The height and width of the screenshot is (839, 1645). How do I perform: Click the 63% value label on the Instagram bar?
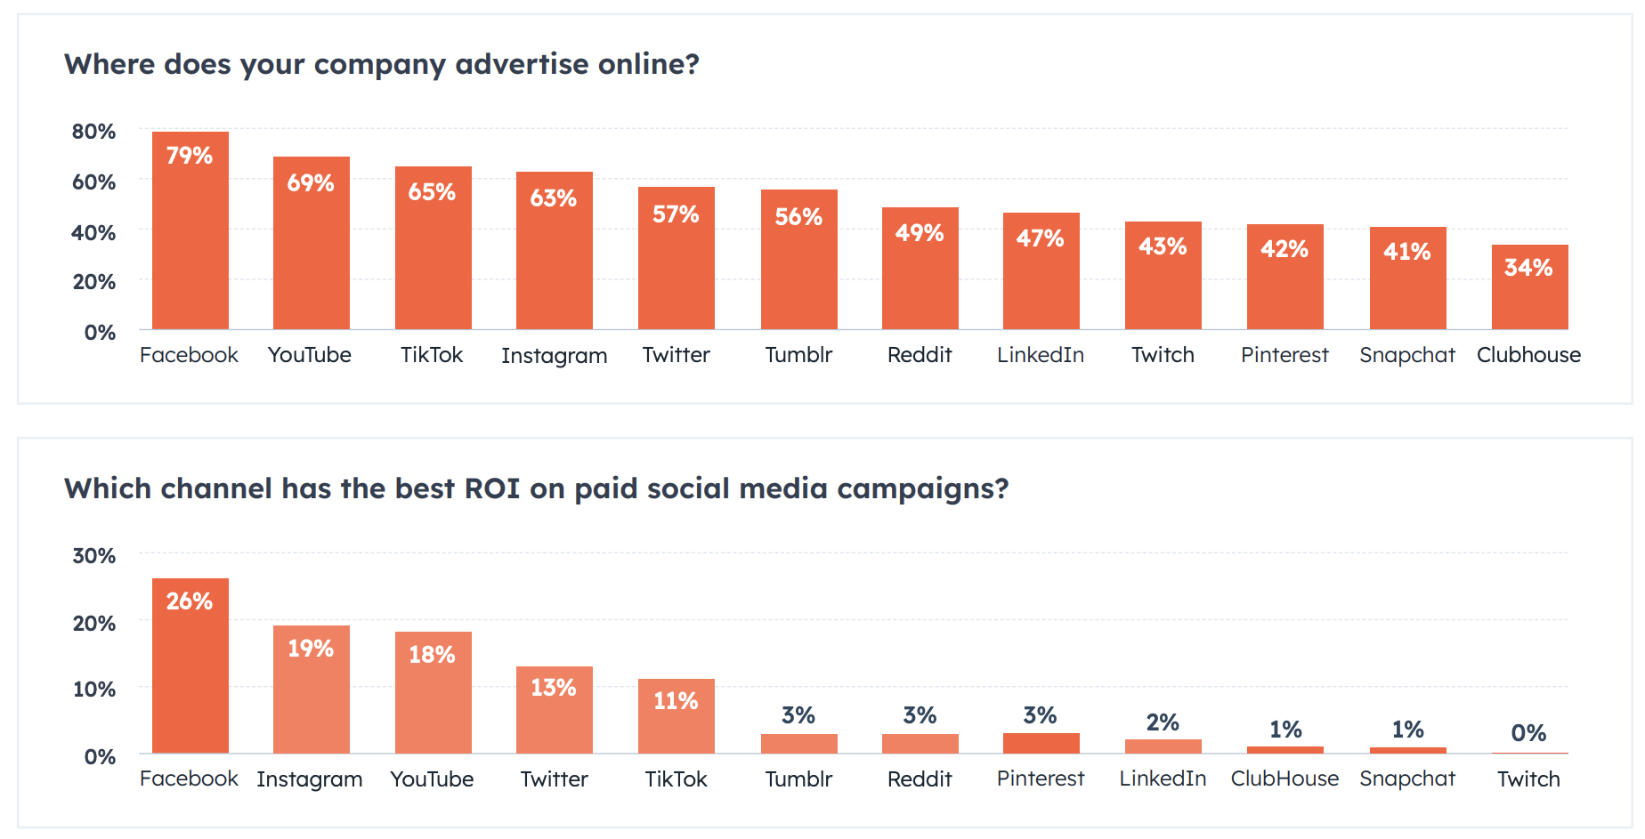(553, 198)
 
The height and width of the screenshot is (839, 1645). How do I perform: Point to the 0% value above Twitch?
(1528, 733)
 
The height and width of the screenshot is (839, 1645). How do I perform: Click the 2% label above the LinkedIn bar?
(1163, 722)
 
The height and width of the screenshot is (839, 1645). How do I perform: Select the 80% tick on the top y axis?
(93, 132)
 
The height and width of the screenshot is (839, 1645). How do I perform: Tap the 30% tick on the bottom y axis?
(93, 556)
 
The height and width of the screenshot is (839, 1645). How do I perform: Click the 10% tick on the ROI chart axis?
(93, 690)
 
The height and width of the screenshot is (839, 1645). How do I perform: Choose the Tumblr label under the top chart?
(798, 355)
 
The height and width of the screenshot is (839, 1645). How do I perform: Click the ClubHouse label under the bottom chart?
(1284, 778)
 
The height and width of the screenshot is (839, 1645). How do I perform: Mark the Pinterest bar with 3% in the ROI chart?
(1041, 744)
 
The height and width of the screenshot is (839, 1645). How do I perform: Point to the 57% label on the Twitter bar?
(676, 214)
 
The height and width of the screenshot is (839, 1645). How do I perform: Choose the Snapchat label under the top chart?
(1406, 355)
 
